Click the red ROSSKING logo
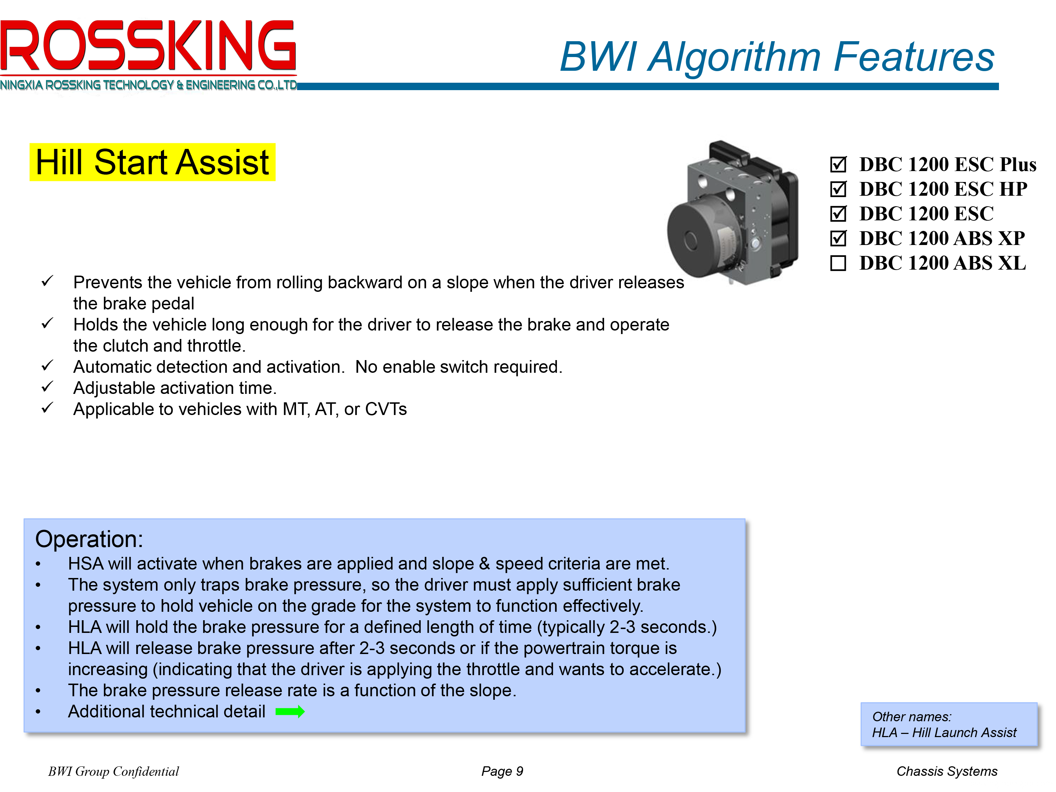148,45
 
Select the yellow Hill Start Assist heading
152,162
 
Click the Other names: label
912,717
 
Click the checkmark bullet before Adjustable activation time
47,387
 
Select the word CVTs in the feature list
386,409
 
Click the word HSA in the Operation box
86,564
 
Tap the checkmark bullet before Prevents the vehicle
47,281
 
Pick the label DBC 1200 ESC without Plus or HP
926,213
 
